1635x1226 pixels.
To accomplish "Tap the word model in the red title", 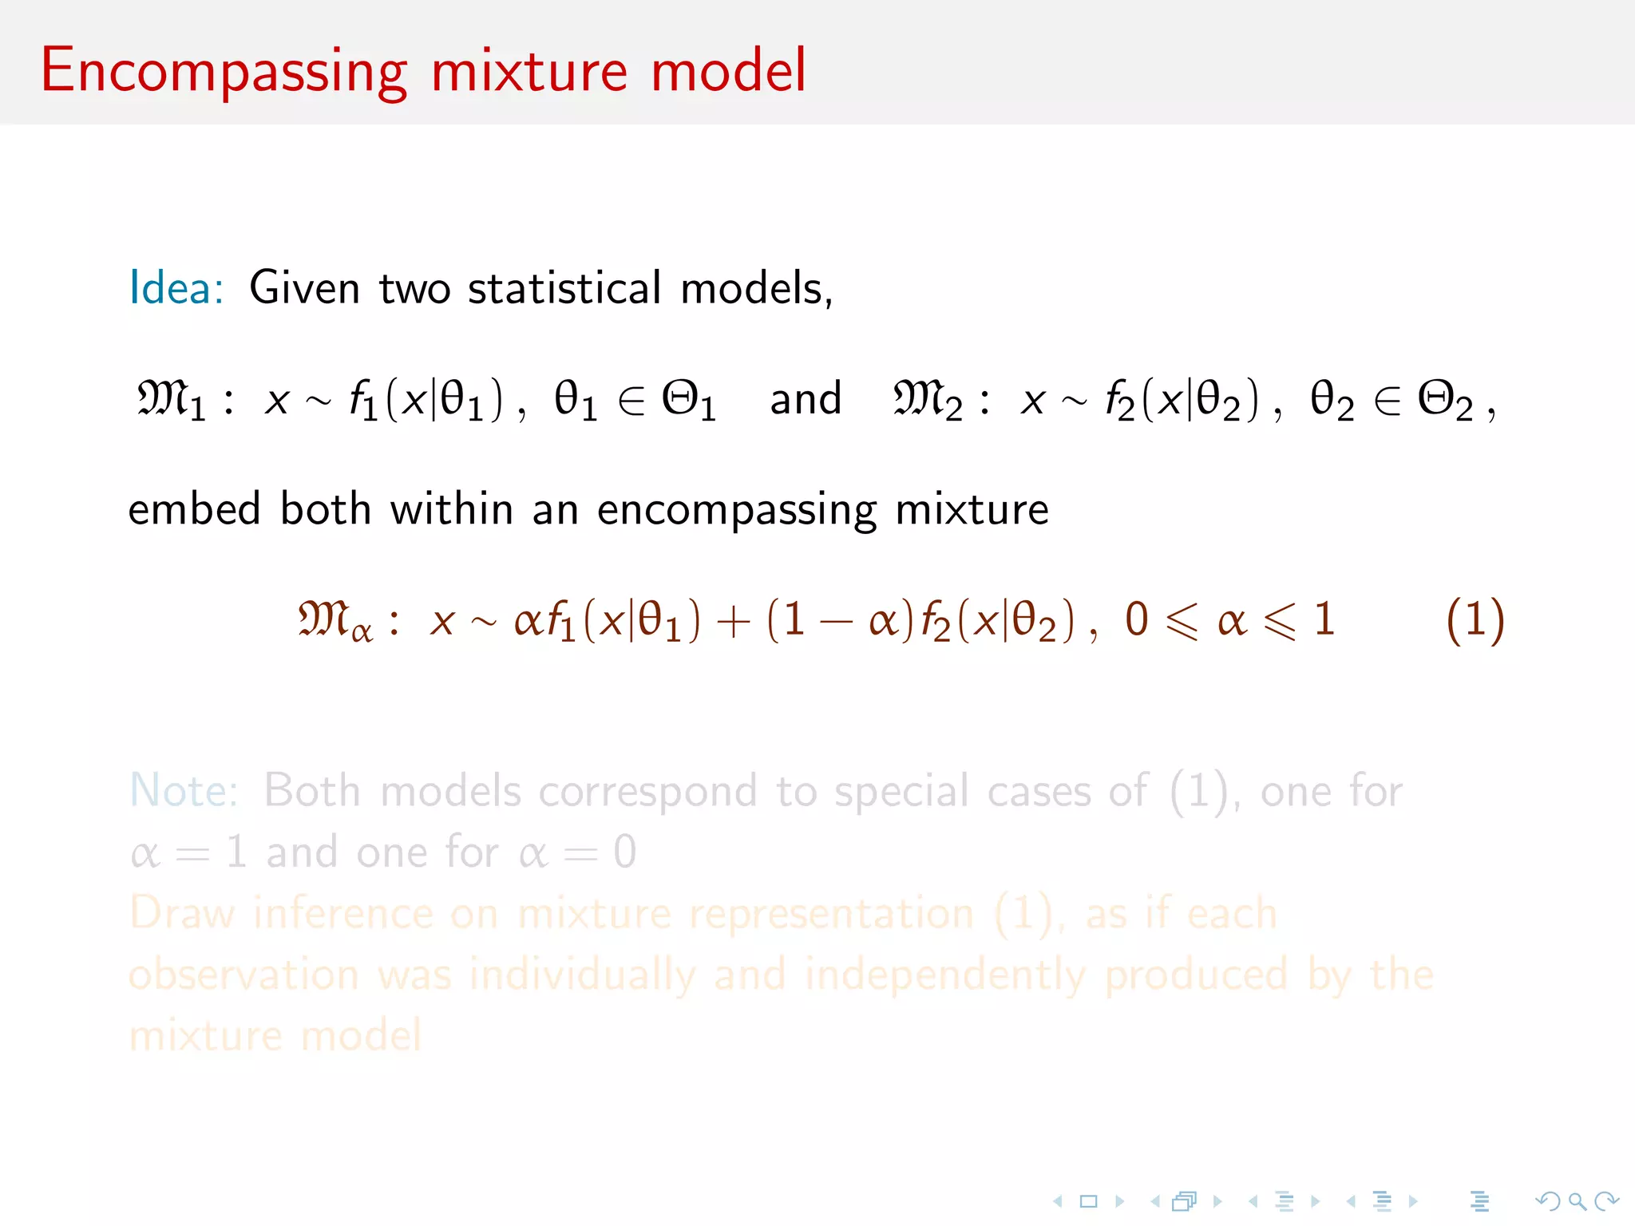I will pyautogui.click(x=728, y=72).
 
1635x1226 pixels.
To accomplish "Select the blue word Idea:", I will pyautogui.click(x=176, y=288).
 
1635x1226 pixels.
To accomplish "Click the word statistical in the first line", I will pyautogui.click(x=564, y=288).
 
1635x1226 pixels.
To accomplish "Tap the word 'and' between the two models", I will pyautogui.click(x=806, y=399).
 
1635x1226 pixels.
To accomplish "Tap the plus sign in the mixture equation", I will pyautogui.click(x=734, y=622).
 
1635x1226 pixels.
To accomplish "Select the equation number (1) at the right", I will pyautogui.click(x=1475, y=620).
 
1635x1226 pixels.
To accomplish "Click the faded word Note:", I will pyautogui.click(x=184, y=791).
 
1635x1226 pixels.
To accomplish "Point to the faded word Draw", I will pyautogui.click(x=182, y=913).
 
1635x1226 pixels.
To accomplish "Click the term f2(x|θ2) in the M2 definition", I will pyautogui.click(x=1182, y=399).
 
